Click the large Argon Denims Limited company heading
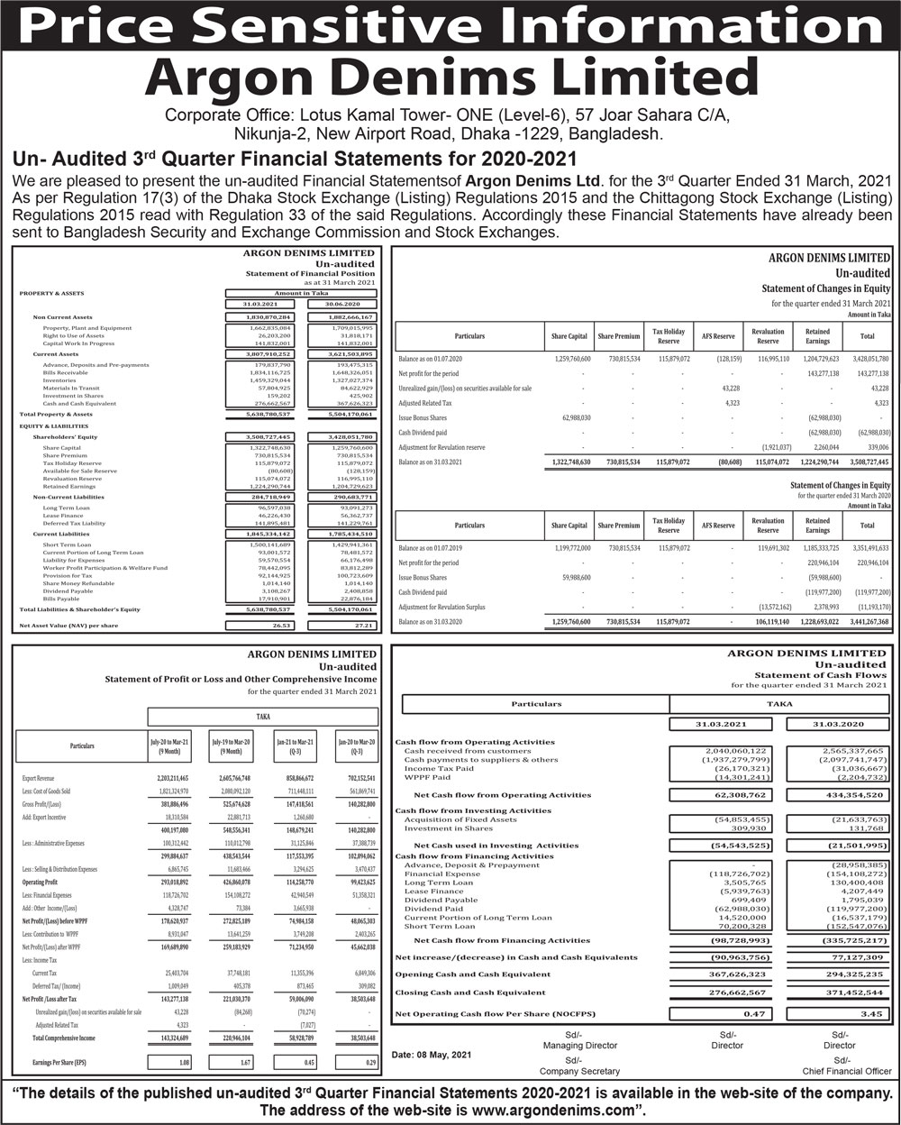[450, 79]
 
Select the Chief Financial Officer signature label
[846, 1071]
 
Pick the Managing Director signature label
[579, 1046]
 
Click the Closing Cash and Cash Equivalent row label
[470, 992]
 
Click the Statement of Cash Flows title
[820, 674]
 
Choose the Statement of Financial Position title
[310, 273]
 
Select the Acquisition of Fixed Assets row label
[460, 819]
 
